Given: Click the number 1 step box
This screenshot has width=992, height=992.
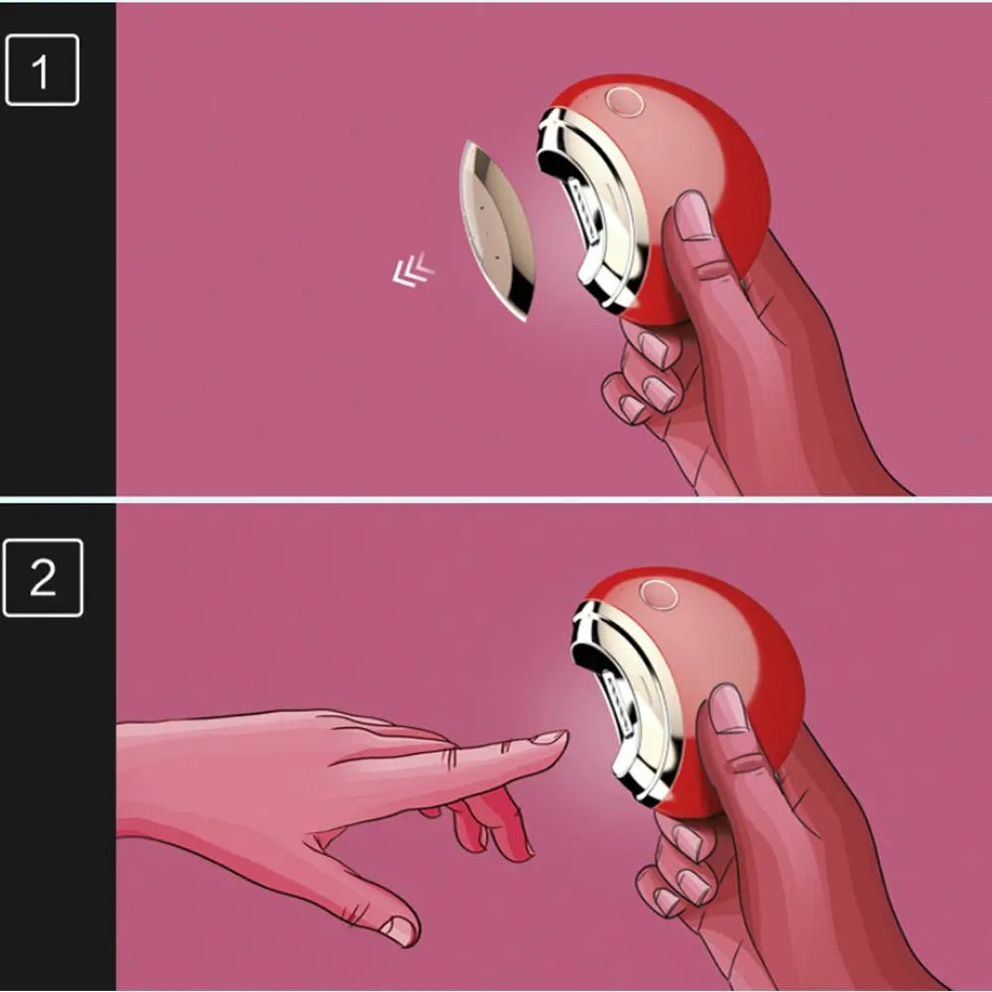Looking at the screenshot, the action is pos(42,69).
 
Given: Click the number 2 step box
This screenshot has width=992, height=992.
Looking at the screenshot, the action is pos(43,577).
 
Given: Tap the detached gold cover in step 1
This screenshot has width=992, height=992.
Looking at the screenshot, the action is pos(497,230).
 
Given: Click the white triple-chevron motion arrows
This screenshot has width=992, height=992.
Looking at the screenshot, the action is pos(413,270).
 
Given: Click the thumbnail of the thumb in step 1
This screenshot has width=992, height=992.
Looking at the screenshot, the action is pos(693,215).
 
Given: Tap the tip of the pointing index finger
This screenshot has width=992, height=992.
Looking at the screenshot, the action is pos(565,736).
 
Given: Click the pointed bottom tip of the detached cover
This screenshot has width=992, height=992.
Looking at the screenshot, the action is pos(525,319).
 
